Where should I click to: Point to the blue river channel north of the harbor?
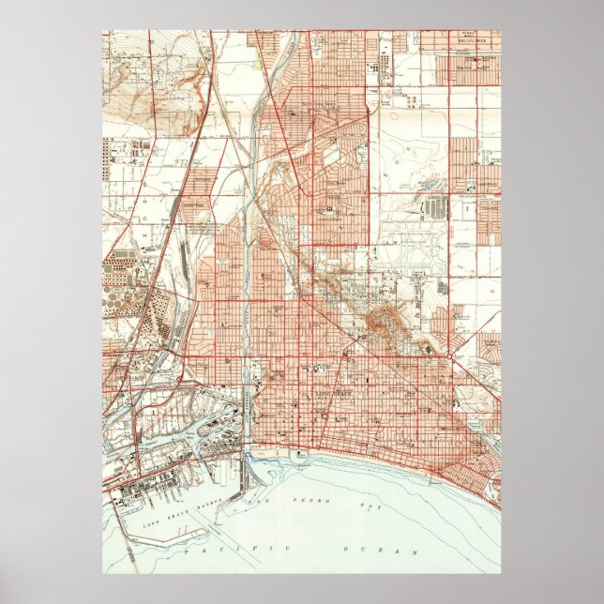(247, 281)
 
